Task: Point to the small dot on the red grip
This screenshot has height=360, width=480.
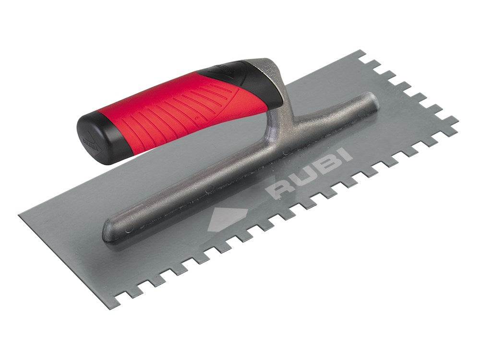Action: [x=196, y=117]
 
